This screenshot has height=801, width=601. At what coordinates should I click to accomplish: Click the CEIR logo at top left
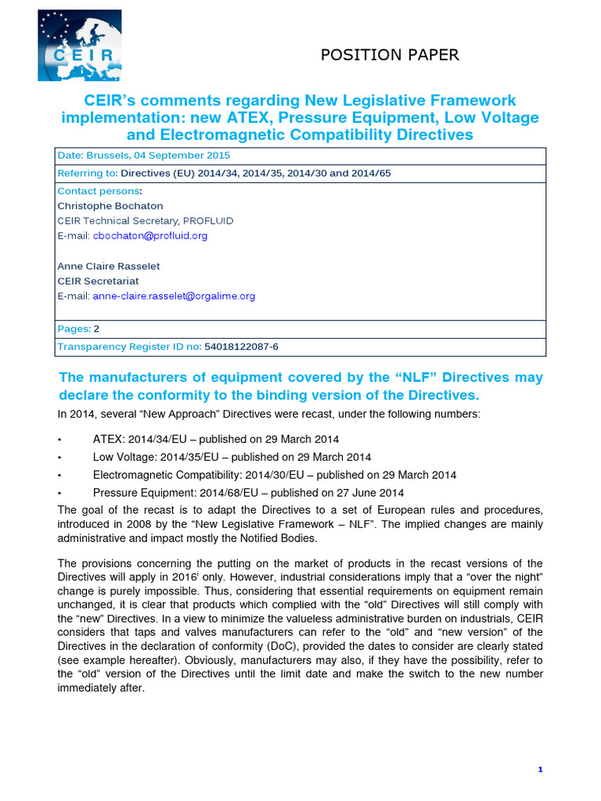79,45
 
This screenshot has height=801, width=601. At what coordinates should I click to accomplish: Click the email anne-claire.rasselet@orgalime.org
174,296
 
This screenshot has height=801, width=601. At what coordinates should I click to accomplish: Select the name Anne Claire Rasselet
103,266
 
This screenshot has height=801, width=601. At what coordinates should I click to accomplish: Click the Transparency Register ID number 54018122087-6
241,347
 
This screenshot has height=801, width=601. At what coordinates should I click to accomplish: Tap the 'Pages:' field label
74,329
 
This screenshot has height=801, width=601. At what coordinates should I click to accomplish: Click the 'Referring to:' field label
88,174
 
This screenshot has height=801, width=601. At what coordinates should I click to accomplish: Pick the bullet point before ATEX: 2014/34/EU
61,440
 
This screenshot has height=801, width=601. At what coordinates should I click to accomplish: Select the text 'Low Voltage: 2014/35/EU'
154,457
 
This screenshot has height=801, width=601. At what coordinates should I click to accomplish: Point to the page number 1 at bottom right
540,770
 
